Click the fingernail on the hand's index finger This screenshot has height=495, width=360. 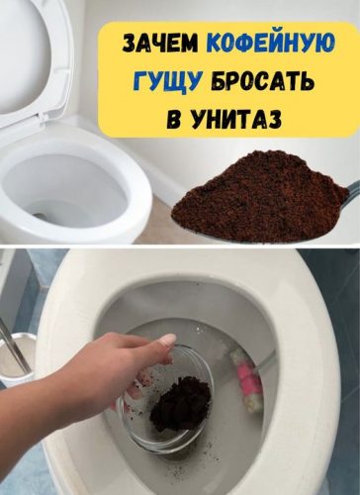tap(168, 340)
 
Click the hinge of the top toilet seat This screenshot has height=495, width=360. tap(42, 118)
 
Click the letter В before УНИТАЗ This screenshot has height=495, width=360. tap(174, 119)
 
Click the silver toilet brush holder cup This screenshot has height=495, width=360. tap(21, 358)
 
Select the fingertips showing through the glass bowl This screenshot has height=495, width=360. tap(135, 389)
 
